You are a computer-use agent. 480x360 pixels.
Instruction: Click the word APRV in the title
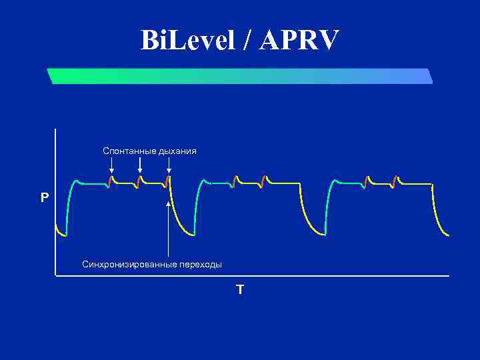[x=300, y=41]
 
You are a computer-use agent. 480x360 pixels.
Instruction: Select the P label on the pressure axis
[x=45, y=198]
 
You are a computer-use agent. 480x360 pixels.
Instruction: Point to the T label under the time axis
[x=240, y=289]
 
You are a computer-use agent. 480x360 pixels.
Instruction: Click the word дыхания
[x=177, y=151]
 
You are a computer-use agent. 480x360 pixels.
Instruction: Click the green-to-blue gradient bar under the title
[x=240, y=76]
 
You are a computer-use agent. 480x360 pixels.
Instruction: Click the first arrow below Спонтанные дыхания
[x=111, y=165]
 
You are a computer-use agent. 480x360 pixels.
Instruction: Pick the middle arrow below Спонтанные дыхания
[x=139, y=165]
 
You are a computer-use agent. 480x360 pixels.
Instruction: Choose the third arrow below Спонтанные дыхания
[x=169, y=165]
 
